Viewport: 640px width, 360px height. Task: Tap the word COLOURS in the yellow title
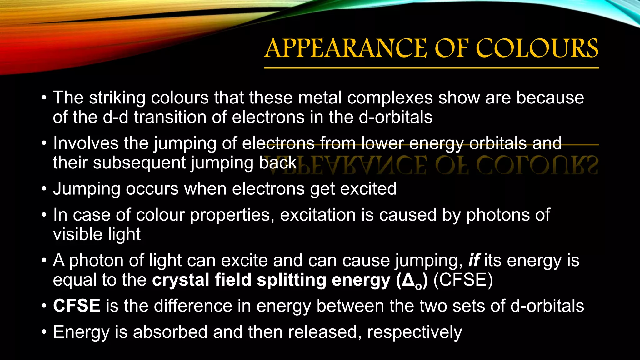point(537,48)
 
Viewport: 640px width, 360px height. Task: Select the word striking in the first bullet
point(117,98)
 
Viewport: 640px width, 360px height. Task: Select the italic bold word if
point(474,260)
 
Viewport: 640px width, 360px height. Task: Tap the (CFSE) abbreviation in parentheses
point(463,280)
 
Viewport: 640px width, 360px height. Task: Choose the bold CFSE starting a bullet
point(77,306)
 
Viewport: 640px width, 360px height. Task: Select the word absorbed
point(170,332)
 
